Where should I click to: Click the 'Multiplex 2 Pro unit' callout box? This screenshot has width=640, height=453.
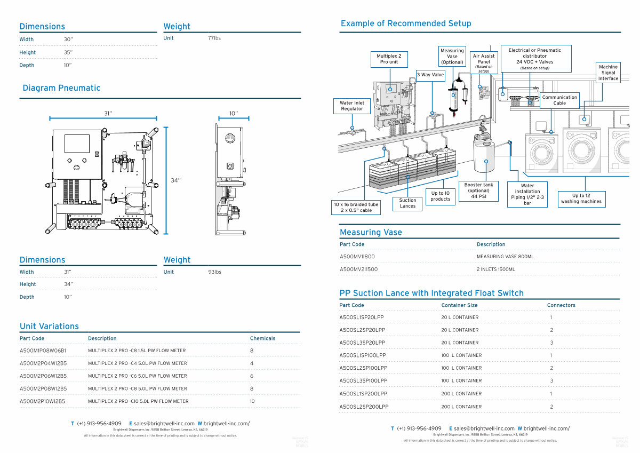click(389, 59)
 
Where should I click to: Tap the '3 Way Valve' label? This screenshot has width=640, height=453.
click(430, 75)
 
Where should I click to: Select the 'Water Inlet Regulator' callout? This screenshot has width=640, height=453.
click(352, 106)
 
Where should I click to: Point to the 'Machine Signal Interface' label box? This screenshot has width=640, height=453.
click(608, 73)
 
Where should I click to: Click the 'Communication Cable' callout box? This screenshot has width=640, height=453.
click(559, 100)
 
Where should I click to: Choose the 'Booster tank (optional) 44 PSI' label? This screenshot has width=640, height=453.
click(478, 190)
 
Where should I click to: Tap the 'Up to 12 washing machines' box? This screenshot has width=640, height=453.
click(581, 198)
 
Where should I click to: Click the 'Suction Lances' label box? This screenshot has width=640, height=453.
click(407, 203)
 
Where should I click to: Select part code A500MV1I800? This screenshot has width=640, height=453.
click(357, 257)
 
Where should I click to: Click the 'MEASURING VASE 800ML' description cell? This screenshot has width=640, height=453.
click(505, 257)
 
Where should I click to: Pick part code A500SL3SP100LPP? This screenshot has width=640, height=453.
click(363, 381)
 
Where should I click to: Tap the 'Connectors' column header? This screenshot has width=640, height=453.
click(561, 305)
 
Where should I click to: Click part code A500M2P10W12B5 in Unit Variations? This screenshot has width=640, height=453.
click(43, 401)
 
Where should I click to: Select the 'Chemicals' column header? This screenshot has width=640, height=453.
click(262, 338)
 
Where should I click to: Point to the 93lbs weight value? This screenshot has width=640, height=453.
click(214, 272)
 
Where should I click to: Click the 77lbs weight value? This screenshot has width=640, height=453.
click(214, 38)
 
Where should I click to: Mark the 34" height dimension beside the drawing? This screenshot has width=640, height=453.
click(175, 180)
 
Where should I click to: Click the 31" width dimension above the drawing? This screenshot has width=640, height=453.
click(108, 113)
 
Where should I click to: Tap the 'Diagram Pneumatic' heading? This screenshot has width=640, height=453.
click(61, 88)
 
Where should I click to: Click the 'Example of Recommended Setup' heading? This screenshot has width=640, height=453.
click(406, 23)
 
